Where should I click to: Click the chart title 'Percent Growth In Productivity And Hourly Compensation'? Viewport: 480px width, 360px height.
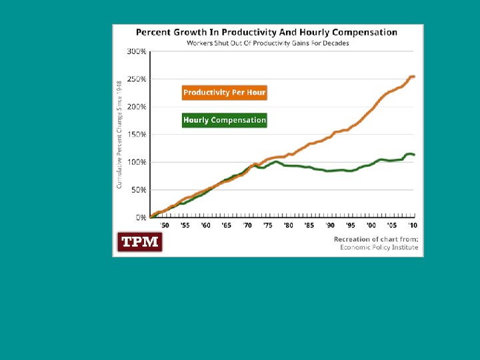(x=267, y=32)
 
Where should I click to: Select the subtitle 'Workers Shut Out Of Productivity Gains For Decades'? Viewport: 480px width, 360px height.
(x=267, y=43)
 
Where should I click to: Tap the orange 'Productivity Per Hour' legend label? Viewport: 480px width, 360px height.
(x=225, y=93)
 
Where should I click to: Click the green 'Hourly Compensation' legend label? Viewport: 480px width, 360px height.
(x=225, y=120)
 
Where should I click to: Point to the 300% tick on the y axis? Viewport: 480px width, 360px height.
(x=137, y=51)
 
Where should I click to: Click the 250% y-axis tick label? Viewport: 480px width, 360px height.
(x=137, y=79)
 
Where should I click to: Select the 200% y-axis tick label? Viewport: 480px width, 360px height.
(x=137, y=107)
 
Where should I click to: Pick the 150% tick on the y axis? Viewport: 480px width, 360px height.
(x=137, y=135)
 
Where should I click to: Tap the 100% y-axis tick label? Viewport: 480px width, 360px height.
(x=137, y=162)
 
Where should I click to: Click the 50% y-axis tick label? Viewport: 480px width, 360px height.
(x=139, y=190)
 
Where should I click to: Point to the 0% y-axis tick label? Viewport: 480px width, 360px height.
(x=141, y=217)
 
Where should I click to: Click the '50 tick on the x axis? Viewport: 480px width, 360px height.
(x=165, y=225)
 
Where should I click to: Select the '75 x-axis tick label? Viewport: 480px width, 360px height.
(x=267, y=225)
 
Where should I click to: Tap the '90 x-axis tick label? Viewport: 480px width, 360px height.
(x=329, y=225)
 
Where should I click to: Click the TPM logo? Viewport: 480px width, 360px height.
(x=140, y=242)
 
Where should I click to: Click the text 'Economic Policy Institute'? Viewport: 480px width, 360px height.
(x=379, y=247)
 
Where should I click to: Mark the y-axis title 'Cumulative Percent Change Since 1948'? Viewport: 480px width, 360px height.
(x=119, y=133)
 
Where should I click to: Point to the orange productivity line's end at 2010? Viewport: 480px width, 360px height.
(x=413, y=77)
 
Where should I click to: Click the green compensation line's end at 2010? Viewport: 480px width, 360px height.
(x=414, y=155)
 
